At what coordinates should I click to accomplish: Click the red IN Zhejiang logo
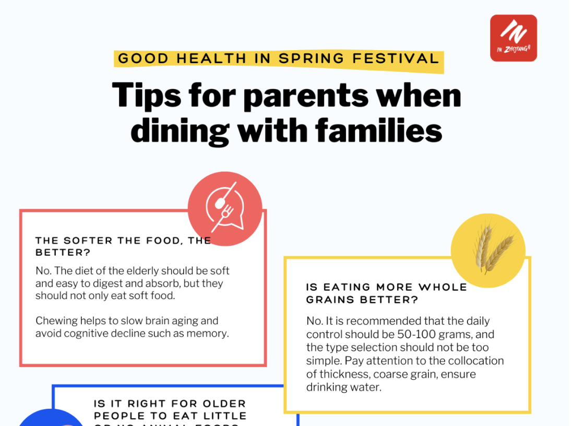[x=514, y=38]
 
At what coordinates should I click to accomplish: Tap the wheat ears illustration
[x=488, y=250]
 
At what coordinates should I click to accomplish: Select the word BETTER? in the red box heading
[x=63, y=253]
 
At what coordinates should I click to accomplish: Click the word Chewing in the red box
[x=56, y=321]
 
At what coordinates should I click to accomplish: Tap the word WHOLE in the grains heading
[x=443, y=287]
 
